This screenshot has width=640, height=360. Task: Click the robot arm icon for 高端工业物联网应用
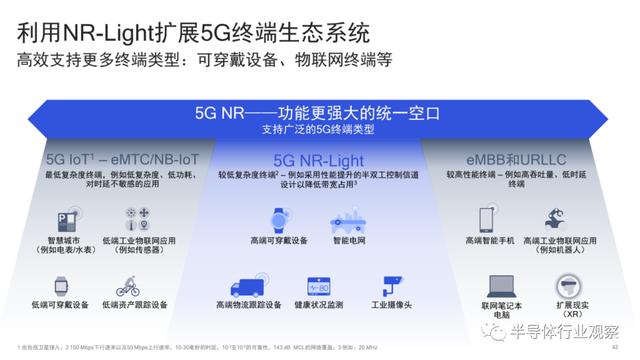(x=558, y=219)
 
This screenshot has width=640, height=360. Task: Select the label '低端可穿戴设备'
(x=60, y=305)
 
